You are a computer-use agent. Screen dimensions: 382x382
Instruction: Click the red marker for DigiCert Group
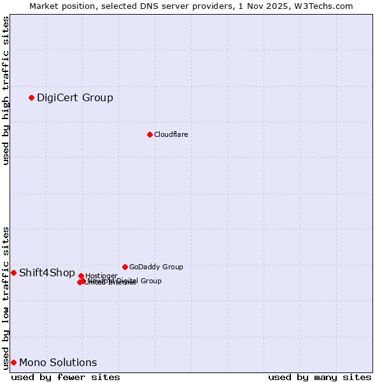click(x=31, y=97)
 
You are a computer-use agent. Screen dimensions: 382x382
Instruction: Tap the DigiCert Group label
click(x=75, y=97)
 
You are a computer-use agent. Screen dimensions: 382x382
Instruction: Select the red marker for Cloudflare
click(x=150, y=134)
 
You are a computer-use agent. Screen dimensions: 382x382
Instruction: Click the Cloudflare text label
click(x=171, y=134)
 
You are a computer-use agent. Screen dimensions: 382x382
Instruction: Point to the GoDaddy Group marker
click(x=125, y=267)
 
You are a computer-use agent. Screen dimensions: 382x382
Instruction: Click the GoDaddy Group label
click(x=156, y=267)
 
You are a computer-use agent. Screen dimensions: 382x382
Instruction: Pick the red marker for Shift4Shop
click(x=13, y=272)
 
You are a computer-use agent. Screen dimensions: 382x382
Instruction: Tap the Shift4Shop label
click(x=47, y=273)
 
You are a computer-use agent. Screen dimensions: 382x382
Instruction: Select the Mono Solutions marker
click(x=13, y=362)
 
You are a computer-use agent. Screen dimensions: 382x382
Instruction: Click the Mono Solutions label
click(x=58, y=363)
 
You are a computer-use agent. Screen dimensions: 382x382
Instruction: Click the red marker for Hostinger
click(x=81, y=276)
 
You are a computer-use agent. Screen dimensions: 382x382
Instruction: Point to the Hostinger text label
click(x=102, y=276)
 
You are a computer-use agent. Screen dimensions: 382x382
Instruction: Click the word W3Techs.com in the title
click(x=326, y=6)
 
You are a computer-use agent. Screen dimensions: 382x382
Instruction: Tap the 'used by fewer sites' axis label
click(x=66, y=377)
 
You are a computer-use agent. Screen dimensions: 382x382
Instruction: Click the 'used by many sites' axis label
click(x=320, y=377)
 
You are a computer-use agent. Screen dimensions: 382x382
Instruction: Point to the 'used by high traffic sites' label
click(x=6, y=90)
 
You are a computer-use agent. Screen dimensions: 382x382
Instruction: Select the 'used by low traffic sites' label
click(x=6, y=298)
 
